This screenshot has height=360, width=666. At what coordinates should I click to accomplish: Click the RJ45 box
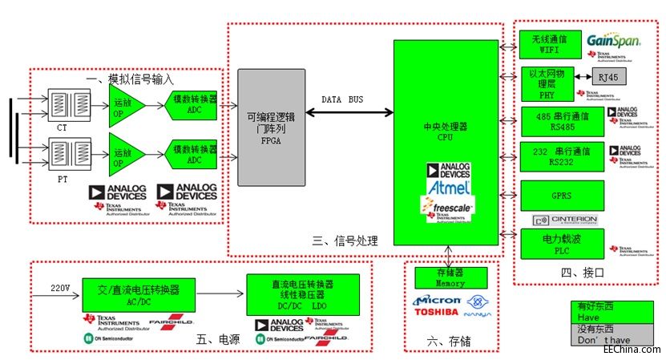[608, 77]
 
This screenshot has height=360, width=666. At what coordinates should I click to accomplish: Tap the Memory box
[450, 277]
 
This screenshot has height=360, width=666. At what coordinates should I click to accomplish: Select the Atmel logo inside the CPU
[448, 187]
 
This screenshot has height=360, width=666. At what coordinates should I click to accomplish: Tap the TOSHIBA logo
[436, 311]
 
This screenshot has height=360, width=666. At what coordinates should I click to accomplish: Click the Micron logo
[437, 300]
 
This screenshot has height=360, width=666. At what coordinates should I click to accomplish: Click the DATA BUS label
[341, 99]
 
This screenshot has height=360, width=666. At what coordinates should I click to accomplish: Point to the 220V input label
[61, 286]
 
